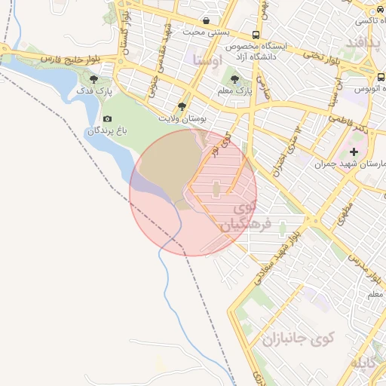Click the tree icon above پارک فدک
point(93,79)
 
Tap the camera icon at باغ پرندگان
point(107,119)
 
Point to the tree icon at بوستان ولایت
point(182,107)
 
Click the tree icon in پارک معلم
point(234,78)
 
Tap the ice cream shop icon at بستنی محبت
point(207,20)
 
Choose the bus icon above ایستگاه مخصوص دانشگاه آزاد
point(256,35)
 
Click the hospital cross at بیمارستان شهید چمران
point(354,152)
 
